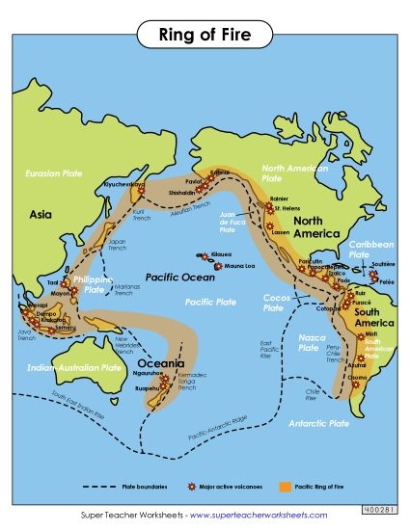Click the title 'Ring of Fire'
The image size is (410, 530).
point(205,36)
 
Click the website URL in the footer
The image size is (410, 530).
point(258,515)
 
